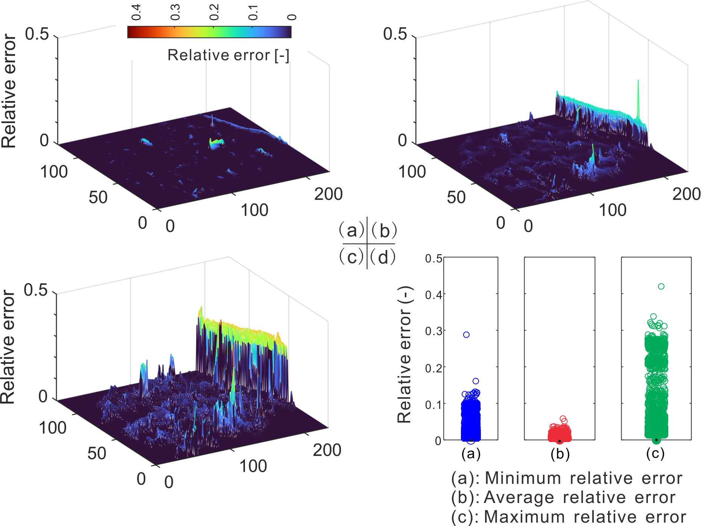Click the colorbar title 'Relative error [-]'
[228, 55]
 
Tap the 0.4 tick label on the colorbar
[136, 12]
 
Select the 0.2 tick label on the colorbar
[214, 12]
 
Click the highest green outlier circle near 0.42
[661, 287]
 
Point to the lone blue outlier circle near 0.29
[466, 335]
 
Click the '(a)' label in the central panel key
[352, 230]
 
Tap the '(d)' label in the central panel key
[383, 257]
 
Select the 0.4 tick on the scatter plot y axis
[433, 295]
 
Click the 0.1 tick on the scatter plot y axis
[433, 405]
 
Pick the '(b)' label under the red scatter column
[560, 454]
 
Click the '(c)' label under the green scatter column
[655, 453]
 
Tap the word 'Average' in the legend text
[519, 497]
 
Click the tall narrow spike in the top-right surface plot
[638, 98]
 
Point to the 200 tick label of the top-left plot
[328, 194]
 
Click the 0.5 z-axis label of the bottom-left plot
[36, 290]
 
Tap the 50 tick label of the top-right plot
[456, 197]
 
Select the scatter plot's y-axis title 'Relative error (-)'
[405, 354]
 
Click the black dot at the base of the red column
[560, 441]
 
